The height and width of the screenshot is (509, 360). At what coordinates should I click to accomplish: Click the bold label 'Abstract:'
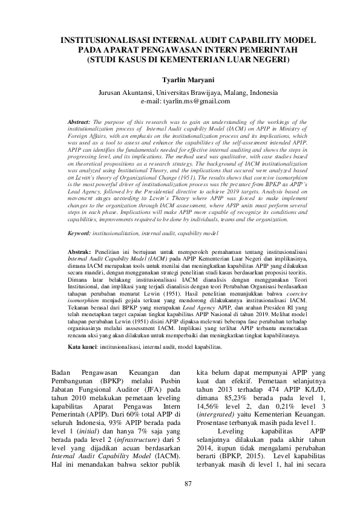(x=79, y=122)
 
